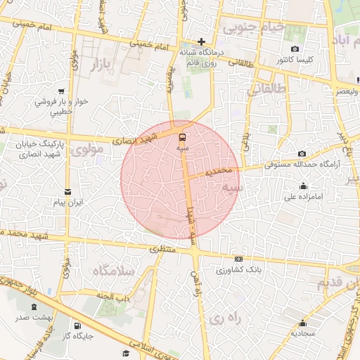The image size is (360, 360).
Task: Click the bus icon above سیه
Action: click(x=183, y=137)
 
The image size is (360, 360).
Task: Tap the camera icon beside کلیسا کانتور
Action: click(x=295, y=49)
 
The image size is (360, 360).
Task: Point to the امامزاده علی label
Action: click(x=303, y=197)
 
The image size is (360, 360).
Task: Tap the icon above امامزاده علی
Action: click(x=303, y=186)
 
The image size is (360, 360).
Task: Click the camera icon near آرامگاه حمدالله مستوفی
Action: click(x=302, y=154)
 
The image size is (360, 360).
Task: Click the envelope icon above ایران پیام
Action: click(x=68, y=191)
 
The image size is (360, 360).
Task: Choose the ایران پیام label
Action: click(x=69, y=202)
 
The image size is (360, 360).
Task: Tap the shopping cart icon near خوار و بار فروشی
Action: click(x=63, y=91)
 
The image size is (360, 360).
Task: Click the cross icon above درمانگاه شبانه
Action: click(x=202, y=41)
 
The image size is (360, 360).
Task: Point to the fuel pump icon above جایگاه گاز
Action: click(x=77, y=326)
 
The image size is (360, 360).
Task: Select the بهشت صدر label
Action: click(x=34, y=319)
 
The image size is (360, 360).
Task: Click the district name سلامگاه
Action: click(x=109, y=271)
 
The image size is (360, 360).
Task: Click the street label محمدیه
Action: click(x=219, y=172)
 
